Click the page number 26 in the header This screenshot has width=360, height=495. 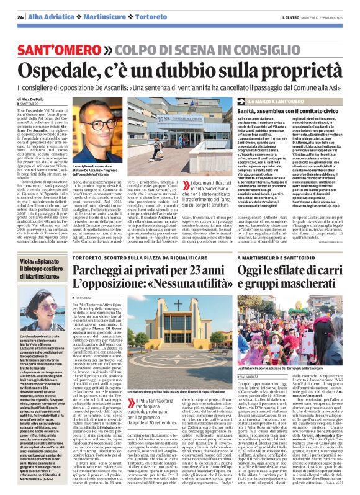(20, 17)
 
